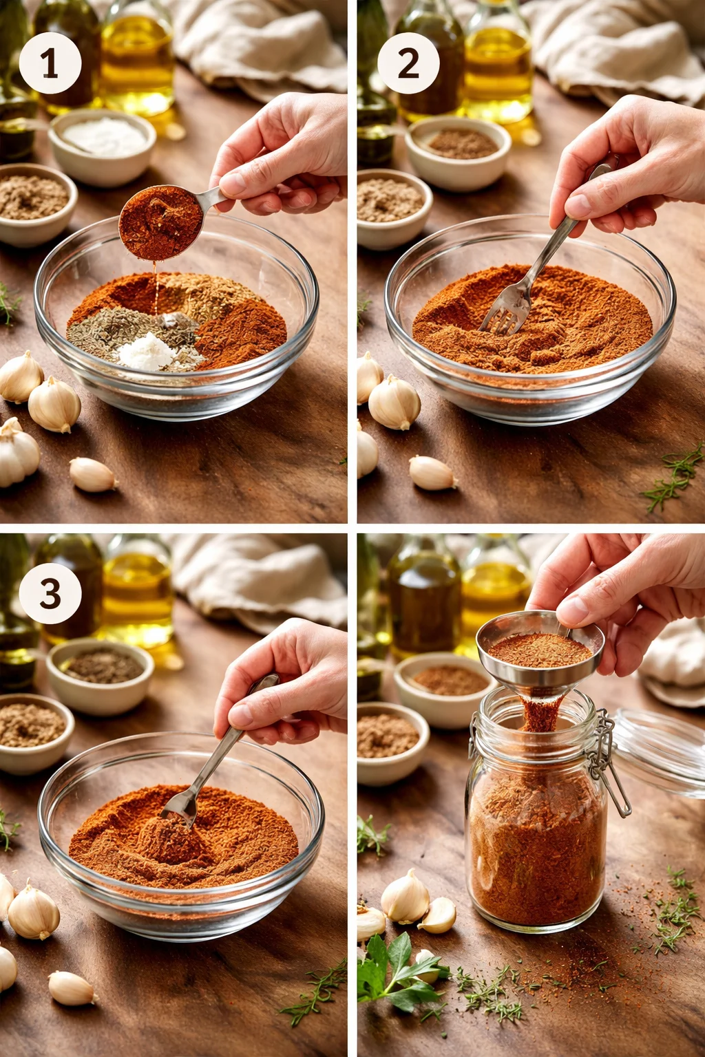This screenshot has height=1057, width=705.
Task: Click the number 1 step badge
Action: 50,63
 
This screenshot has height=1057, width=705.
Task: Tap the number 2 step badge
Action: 408,63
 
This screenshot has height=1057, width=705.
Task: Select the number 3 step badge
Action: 50,594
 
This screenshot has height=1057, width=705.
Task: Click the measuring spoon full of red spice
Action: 161,222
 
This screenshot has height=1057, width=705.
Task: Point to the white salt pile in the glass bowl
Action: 147,350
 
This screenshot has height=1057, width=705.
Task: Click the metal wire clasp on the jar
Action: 608,760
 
